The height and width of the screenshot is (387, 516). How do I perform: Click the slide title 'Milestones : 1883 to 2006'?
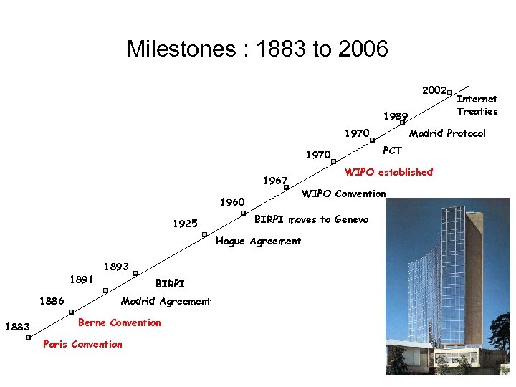click(x=257, y=49)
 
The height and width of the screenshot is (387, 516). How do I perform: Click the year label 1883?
click(x=16, y=328)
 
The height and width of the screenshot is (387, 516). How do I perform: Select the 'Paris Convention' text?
click(x=82, y=344)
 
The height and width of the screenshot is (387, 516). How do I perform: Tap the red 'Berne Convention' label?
click(x=119, y=322)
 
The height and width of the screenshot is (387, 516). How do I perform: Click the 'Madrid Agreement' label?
click(x=166, y=301)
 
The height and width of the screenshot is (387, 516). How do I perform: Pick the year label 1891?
click(x=82, y=279)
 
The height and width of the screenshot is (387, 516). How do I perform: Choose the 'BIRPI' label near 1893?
click(x=170, y=284)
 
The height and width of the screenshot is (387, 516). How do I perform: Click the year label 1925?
click(x=185, y=224)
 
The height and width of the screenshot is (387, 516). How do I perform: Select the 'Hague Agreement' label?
click(x=258, y=241)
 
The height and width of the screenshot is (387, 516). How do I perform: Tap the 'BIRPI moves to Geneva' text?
click(x=312, y=219)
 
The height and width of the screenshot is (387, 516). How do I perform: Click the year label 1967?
click(x=275, y=181)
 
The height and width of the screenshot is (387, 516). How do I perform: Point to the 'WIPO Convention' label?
click(x=343, y=193)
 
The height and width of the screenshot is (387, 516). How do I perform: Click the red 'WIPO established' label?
click(x=388, y=172)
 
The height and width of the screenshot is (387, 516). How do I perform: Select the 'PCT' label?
click(x=393, y=150)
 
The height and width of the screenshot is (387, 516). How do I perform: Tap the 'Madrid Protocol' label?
click(x=447, y=133)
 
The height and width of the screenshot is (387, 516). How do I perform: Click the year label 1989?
click(x=395, y=116)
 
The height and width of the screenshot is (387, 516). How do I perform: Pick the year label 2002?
click(x=434, y=90)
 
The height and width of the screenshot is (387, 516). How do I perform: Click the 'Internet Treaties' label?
click(x=477, y=105)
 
